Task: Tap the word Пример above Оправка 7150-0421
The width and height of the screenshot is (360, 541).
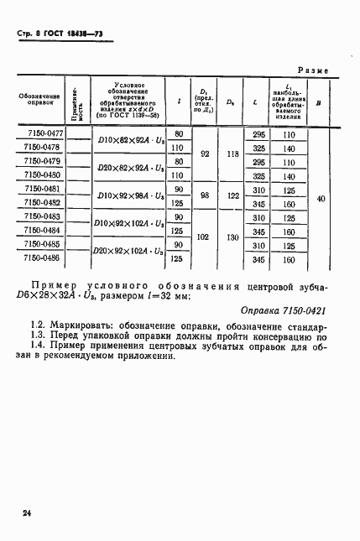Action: click(x=59, y=287)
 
